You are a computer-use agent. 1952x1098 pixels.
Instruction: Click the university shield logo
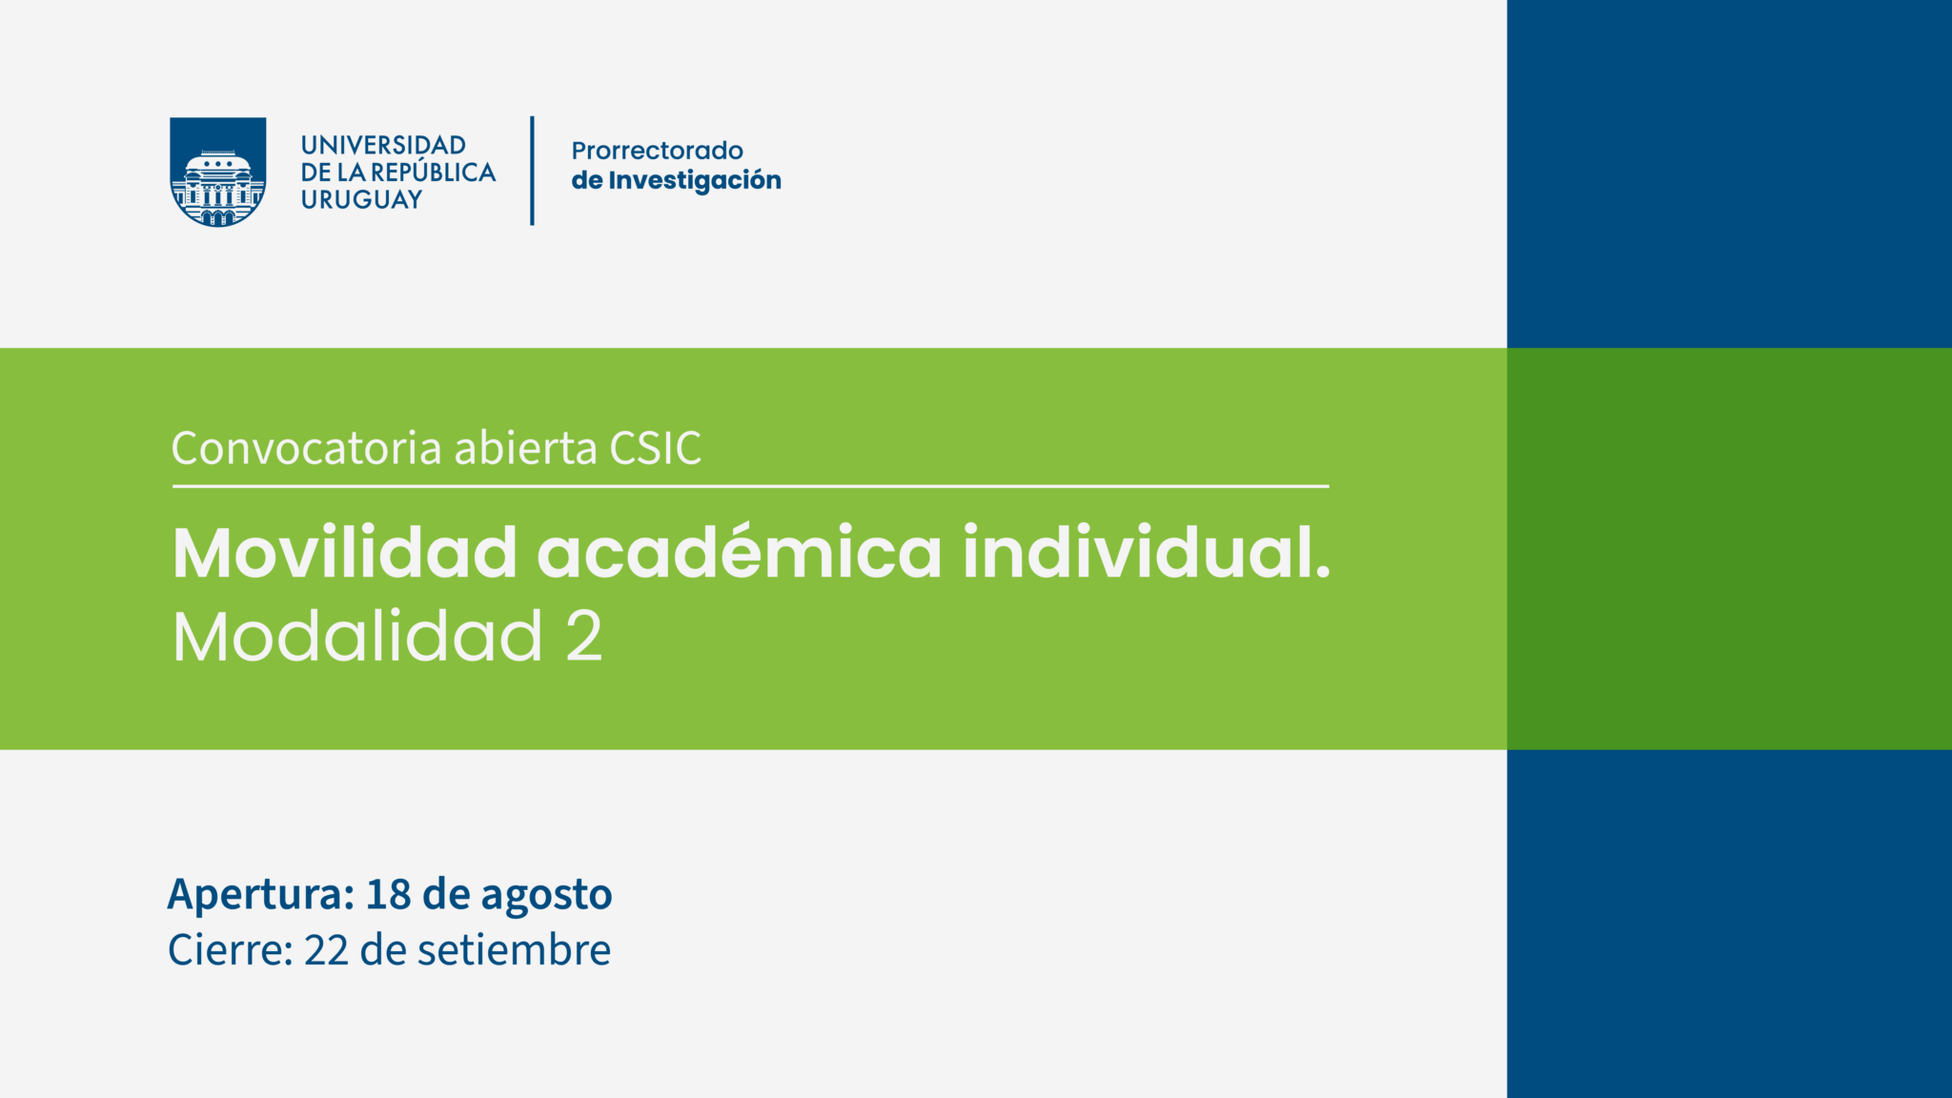click(x=217, y=172)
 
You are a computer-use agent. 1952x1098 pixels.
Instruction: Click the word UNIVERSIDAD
click(x=383, y=145)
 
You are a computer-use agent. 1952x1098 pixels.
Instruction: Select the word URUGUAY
click(x=361, y=199)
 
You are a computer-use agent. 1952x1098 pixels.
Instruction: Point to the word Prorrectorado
click(x=657, y=151)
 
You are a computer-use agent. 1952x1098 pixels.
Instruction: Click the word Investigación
click(x=695, y=180)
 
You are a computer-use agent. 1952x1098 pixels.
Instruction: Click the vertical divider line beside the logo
click(x=532, y=171)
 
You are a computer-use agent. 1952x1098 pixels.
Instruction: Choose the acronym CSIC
click(x=656, y=448)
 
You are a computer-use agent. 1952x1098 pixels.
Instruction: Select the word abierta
click(x=526, y=448)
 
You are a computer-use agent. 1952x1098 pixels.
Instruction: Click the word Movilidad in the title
click(x=344, y=552)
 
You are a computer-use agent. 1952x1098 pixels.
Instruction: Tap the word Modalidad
click(x=357, y=636)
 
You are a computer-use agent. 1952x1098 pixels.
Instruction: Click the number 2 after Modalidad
click(x=584, y=636)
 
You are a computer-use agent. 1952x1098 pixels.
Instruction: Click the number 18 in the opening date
click(x=389, y=894)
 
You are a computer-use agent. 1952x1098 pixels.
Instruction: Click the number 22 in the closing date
click(x=327, y=950)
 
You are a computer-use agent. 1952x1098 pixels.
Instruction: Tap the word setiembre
click(x=515, y=949)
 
